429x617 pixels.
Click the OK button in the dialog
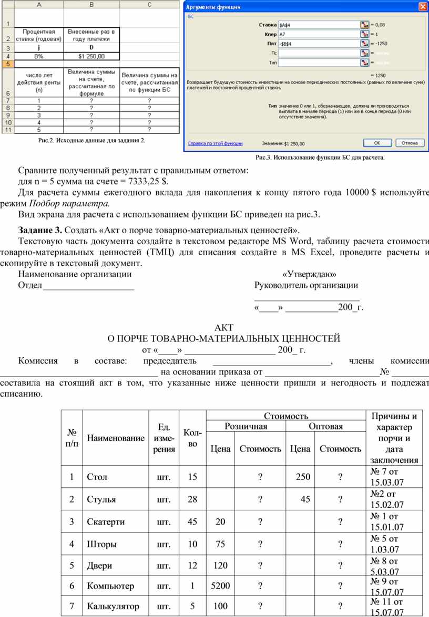click(x=377, y=142)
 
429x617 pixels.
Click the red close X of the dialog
click(x=422, y=6)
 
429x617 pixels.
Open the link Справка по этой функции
click(x=215, y=143)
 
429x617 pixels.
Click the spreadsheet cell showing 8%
click(x=39, y=56)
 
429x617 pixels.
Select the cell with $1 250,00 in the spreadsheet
click(x=91, y=56)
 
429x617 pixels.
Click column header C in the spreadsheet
click(x=149, y=5)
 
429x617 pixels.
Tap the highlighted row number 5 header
click(x=8, y=63)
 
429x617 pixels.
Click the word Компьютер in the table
click(x=110, y=586)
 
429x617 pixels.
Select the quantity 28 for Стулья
click(x=192, y=499)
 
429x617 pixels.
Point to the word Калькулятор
click(x=113, y=606)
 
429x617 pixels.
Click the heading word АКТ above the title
click(x=224, y=328)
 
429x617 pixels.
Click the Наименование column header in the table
click(x=116, y=438)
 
